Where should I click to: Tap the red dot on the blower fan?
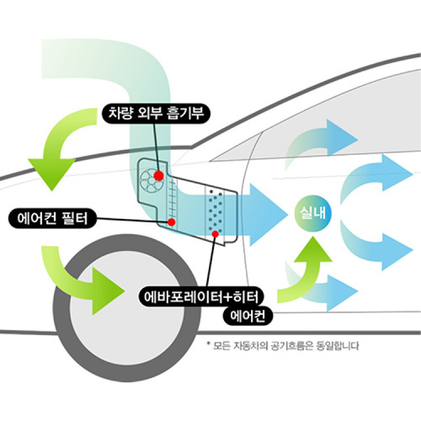[158, 176]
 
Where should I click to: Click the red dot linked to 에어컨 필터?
[172, 222]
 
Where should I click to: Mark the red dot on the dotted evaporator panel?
[214, 233]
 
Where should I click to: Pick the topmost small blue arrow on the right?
[337, 138]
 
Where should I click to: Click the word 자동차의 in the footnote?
[253, 346]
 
